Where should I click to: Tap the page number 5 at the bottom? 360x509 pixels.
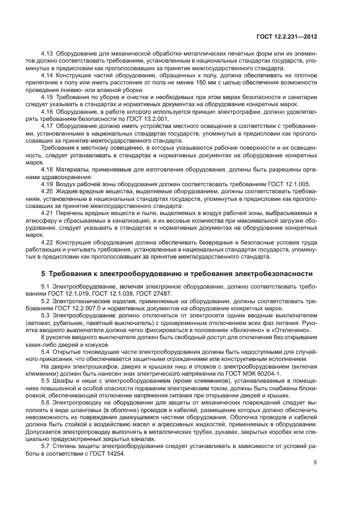315,463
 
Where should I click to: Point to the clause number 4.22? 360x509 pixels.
47,242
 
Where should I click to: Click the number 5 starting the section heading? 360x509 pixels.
44,273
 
